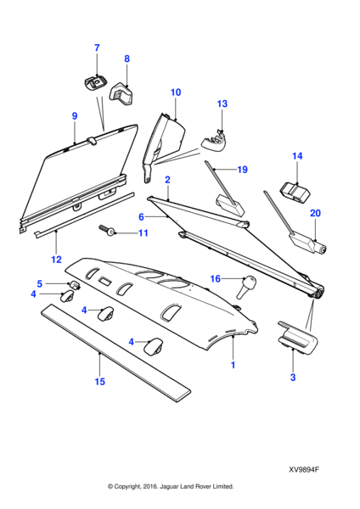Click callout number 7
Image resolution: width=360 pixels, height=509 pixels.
(x=96, y=48)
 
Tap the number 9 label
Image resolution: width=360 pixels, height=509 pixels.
(x=75, y=115)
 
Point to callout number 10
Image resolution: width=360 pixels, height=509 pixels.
(x=176, y=92)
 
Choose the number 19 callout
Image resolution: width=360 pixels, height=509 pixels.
(x=242, y=170)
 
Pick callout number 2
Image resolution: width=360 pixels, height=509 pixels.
(x=167, y=180)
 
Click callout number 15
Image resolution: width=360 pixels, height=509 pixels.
(x=99, y=382)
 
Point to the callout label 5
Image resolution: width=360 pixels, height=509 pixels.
(x=39, y=283)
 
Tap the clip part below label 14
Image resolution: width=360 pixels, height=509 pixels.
(x=295, y=193)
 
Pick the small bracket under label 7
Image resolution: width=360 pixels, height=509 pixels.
(x=95, y=81)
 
